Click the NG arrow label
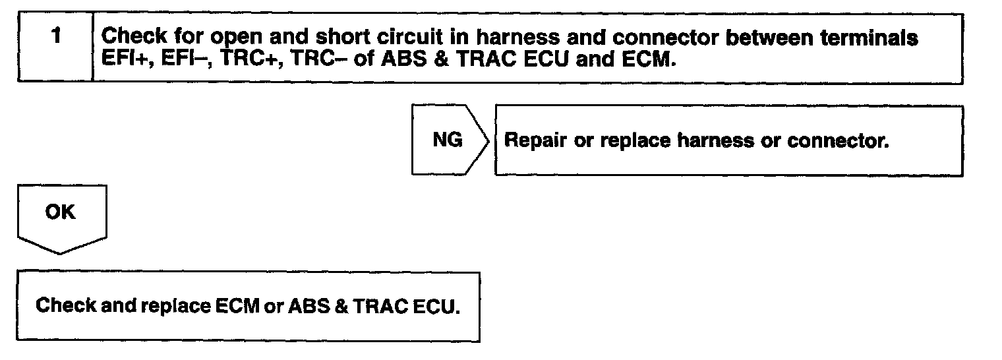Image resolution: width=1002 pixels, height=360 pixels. (x=447, y=140)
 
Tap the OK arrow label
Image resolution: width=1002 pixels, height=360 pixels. (x=59, y=212)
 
